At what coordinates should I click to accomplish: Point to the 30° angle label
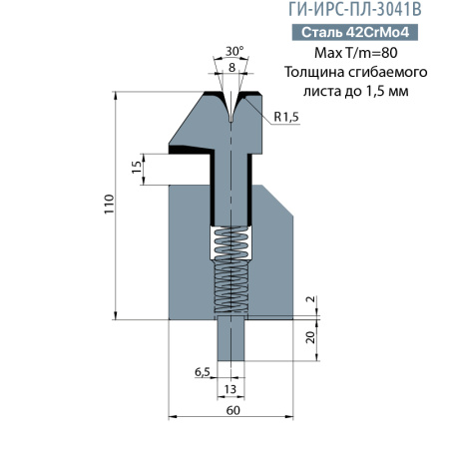click(x=234, y=50)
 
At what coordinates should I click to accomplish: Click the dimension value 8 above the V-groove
click(x=232, y=67)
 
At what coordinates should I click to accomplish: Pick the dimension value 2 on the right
click(x=310, y=300)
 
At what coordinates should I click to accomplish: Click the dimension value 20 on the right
click(x=310, y=336)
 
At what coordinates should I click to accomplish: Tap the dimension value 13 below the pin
click(x=231, y=390)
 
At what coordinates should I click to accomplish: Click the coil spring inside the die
click(x=231, y=269)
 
